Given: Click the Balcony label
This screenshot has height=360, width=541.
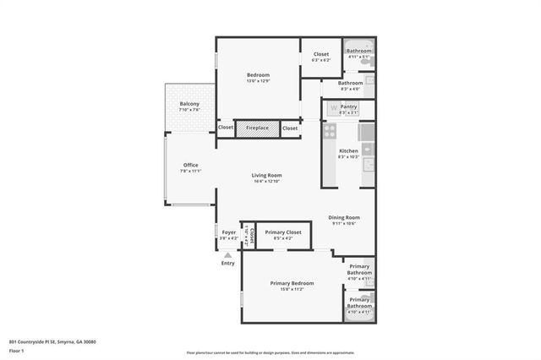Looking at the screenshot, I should tap(189, 103).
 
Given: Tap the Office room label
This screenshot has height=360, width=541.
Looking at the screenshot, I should tap(190, 165).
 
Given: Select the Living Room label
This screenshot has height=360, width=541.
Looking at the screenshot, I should tap(265, 175).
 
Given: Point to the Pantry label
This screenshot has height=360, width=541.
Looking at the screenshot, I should tap(348, 107).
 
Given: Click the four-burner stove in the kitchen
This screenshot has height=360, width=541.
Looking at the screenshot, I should tap(330, 131).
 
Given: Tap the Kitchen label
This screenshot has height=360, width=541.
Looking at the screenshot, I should tap(348, 150).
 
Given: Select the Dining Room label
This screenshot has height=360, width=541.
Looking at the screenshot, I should tap(344, 217).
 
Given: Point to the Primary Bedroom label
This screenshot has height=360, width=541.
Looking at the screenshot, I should tap(292, 282).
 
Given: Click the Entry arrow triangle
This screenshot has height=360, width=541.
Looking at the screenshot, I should tap(227, 253).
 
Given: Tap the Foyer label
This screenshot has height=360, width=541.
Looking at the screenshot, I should tap(228, 232).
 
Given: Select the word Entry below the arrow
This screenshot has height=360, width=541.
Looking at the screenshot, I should tap(228, 263).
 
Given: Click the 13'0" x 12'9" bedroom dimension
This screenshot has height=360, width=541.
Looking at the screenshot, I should tap(259, 81).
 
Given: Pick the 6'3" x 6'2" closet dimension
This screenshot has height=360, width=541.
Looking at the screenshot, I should tap(321, 60).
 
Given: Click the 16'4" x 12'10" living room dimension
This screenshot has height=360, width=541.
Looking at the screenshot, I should tap(265, 181).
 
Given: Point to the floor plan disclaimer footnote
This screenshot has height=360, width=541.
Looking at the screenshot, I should tap(270, 352).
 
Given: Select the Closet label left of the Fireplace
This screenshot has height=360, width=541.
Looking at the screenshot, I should tap(226, 128).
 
